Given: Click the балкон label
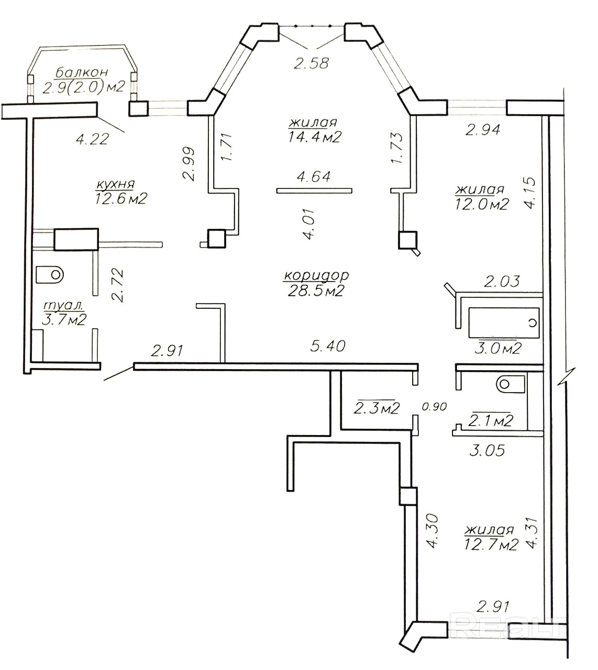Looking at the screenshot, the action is (82, 72).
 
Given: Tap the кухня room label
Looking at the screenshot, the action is (116, 185).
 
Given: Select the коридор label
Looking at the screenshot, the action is (316, 275).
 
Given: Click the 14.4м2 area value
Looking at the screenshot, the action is (314, 136).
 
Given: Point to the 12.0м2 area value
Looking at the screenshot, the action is (482, 204).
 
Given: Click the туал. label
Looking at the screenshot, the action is (63, 305).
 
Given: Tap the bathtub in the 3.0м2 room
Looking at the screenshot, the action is (504, 323).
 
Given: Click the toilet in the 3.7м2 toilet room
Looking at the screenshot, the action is (50, 274).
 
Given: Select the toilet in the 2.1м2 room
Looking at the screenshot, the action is (511, 384).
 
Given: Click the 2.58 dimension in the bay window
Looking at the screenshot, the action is (312, 63).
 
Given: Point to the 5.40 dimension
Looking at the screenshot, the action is (328, 346).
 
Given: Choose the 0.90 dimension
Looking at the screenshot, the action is (435, 406).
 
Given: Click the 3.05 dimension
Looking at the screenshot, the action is (487, 450).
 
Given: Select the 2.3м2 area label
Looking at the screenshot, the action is (377, 408).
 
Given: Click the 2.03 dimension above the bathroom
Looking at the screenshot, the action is (502, 282).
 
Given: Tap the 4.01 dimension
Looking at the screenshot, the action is (310, 224).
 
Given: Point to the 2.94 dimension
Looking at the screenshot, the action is (483, 130).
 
